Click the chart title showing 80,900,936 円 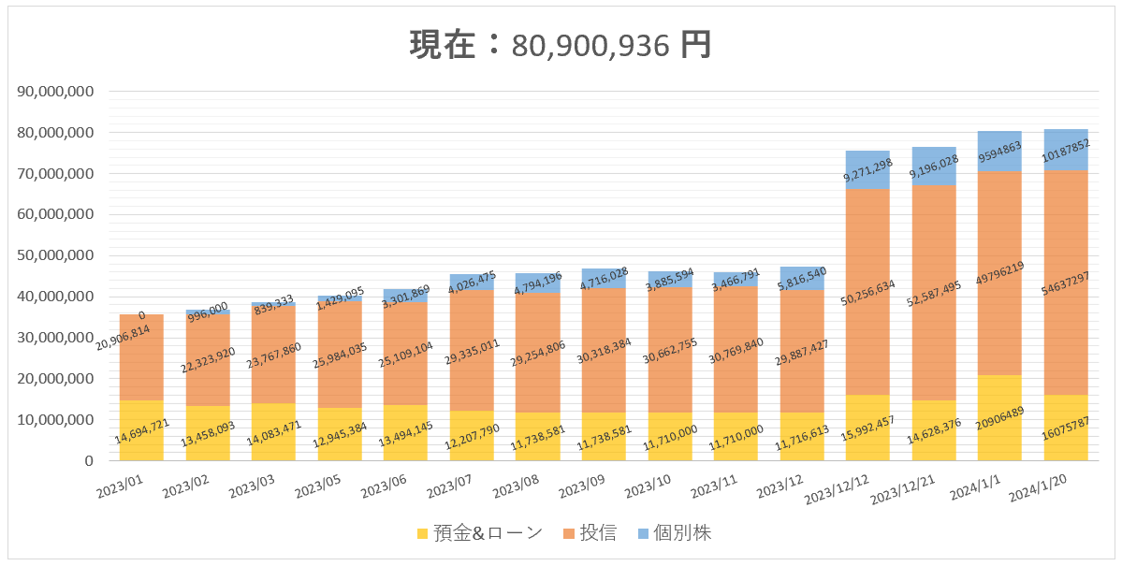point(561,45)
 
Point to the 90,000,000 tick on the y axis point(55,92)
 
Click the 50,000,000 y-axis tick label point(55,255)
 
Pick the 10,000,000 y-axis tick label point(55,420)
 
